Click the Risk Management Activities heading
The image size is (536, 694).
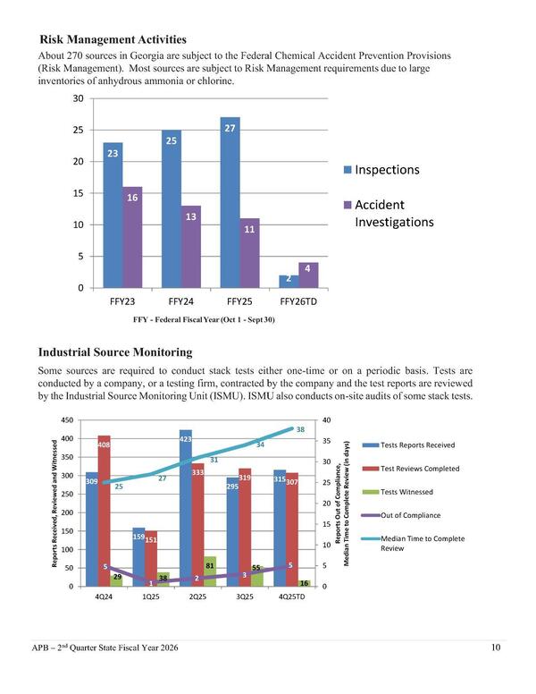[x=113, y=39]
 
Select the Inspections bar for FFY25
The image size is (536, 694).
[x=230, y=206]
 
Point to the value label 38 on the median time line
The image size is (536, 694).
[x=301, y=430]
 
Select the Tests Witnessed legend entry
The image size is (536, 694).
[x=407, y=492]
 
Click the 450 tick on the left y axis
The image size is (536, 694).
[x=67, y=420]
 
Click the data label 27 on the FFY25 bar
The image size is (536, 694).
[x=230, y=129]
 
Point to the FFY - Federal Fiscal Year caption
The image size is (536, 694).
[x=204, y=320]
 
